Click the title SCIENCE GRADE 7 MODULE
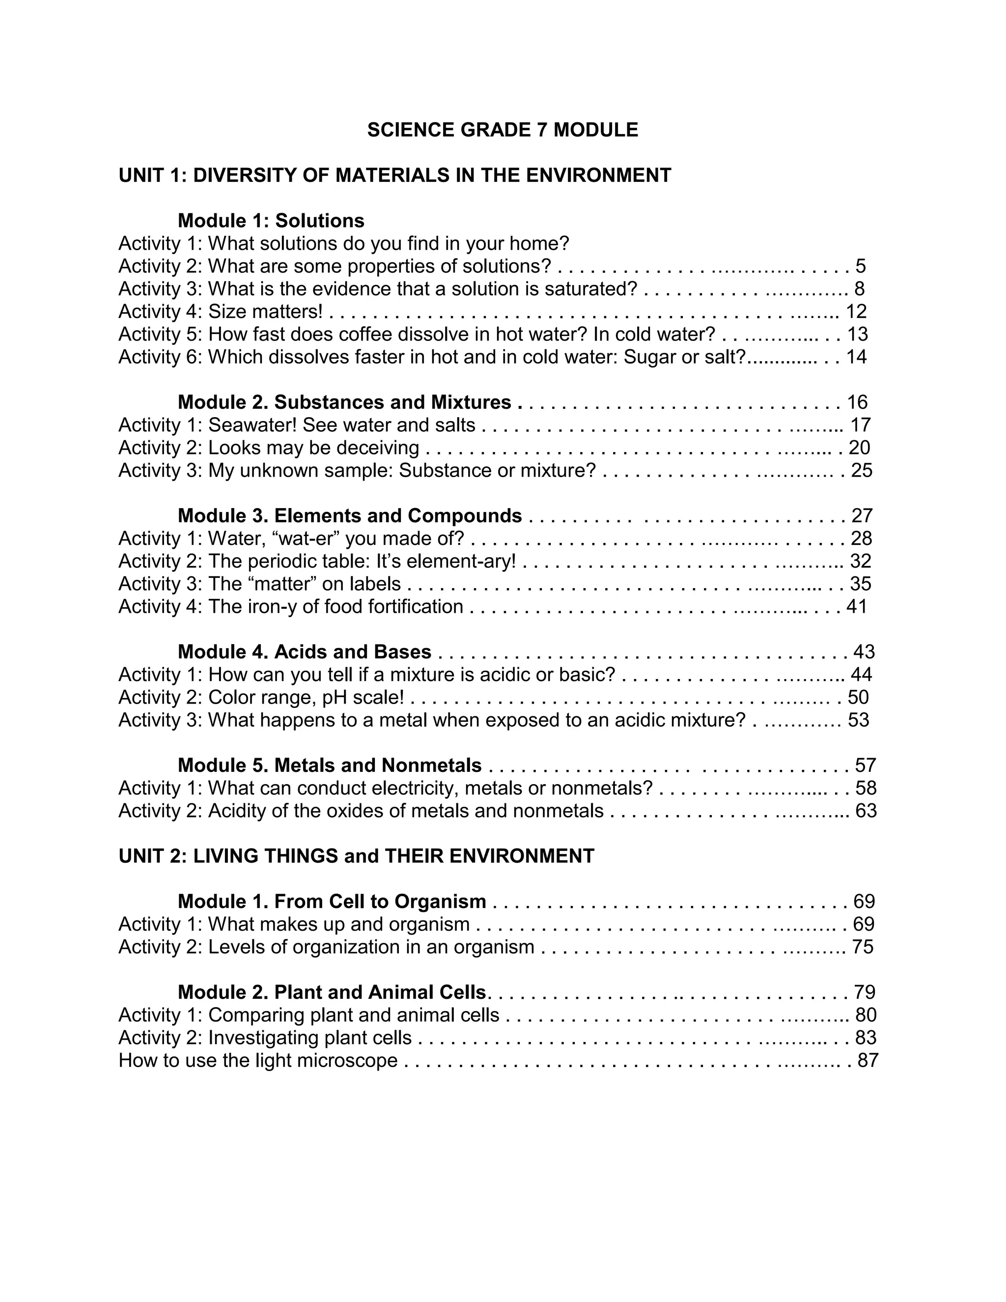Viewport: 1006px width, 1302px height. tap(503, 130)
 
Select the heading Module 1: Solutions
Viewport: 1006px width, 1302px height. tap(271, 221)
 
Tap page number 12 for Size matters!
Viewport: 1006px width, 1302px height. tap(856, 311)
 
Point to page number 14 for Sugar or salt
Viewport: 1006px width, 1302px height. tap(856, 357)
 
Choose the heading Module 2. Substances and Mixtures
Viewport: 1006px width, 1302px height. tap(344, 402)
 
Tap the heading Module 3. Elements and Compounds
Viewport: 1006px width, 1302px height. tap(349, 516)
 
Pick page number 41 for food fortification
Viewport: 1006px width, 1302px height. tap(856, 606)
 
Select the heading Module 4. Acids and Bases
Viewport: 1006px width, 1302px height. tap(304, 651)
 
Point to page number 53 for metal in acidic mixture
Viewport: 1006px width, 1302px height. tap(858, 720)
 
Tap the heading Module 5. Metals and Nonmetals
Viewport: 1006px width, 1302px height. tap(329, 765)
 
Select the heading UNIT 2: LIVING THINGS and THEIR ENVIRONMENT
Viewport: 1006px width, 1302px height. tap(357, 856)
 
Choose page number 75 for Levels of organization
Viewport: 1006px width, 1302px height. tap(863, 947)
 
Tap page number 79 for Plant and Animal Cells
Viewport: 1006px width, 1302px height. tap(864, 992)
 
